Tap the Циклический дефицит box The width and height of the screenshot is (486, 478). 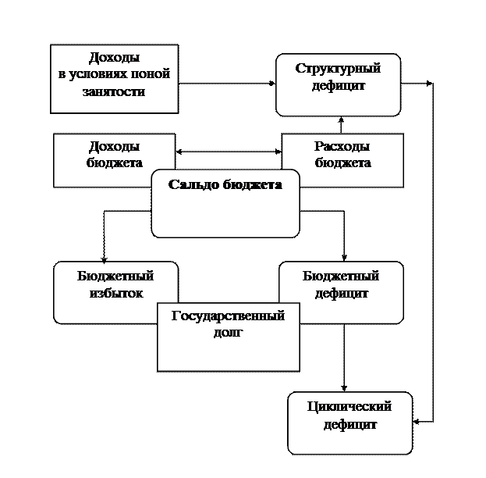click(x=349, y=423)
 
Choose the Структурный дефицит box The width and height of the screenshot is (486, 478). click(x=338, y=84)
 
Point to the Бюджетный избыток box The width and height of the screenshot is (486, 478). click(x=115, y=292)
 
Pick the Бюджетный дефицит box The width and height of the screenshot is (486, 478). click(x=341, y=292)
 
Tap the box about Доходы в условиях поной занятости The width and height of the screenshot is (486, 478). click(x=114, y=78)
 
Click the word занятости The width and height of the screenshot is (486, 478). click(x=114, y=92)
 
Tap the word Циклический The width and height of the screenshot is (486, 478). click(x=349, y=407)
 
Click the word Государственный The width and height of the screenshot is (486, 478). click(x=227, y=316)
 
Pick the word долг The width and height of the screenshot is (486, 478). click(x=228, y=333)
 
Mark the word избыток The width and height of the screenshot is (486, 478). click(x=115, y=294)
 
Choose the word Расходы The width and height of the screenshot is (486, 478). click(x=342, y=146)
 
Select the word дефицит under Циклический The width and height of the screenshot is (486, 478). click(x=349, y=426)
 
